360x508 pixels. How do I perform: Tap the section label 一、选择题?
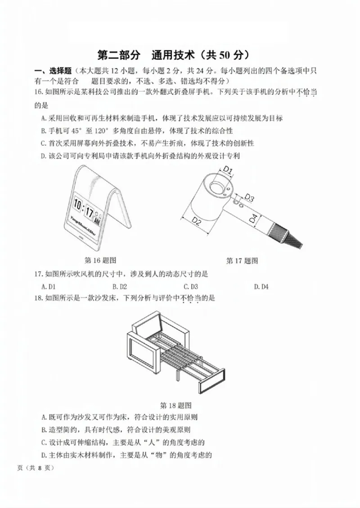coord(54,71)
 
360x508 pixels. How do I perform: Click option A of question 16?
coord(162,118)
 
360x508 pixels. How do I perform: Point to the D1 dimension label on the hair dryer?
coord(228,170)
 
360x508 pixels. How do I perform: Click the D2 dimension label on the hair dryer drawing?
coord(197,220)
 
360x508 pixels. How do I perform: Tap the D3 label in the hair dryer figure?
coord(250,198)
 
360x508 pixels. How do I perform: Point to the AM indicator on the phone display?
coord(97,222)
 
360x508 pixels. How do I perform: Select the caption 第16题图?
coord(101,260)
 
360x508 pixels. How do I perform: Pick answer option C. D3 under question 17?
coord(191,286)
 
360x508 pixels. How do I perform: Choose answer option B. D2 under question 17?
coord(120,286)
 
